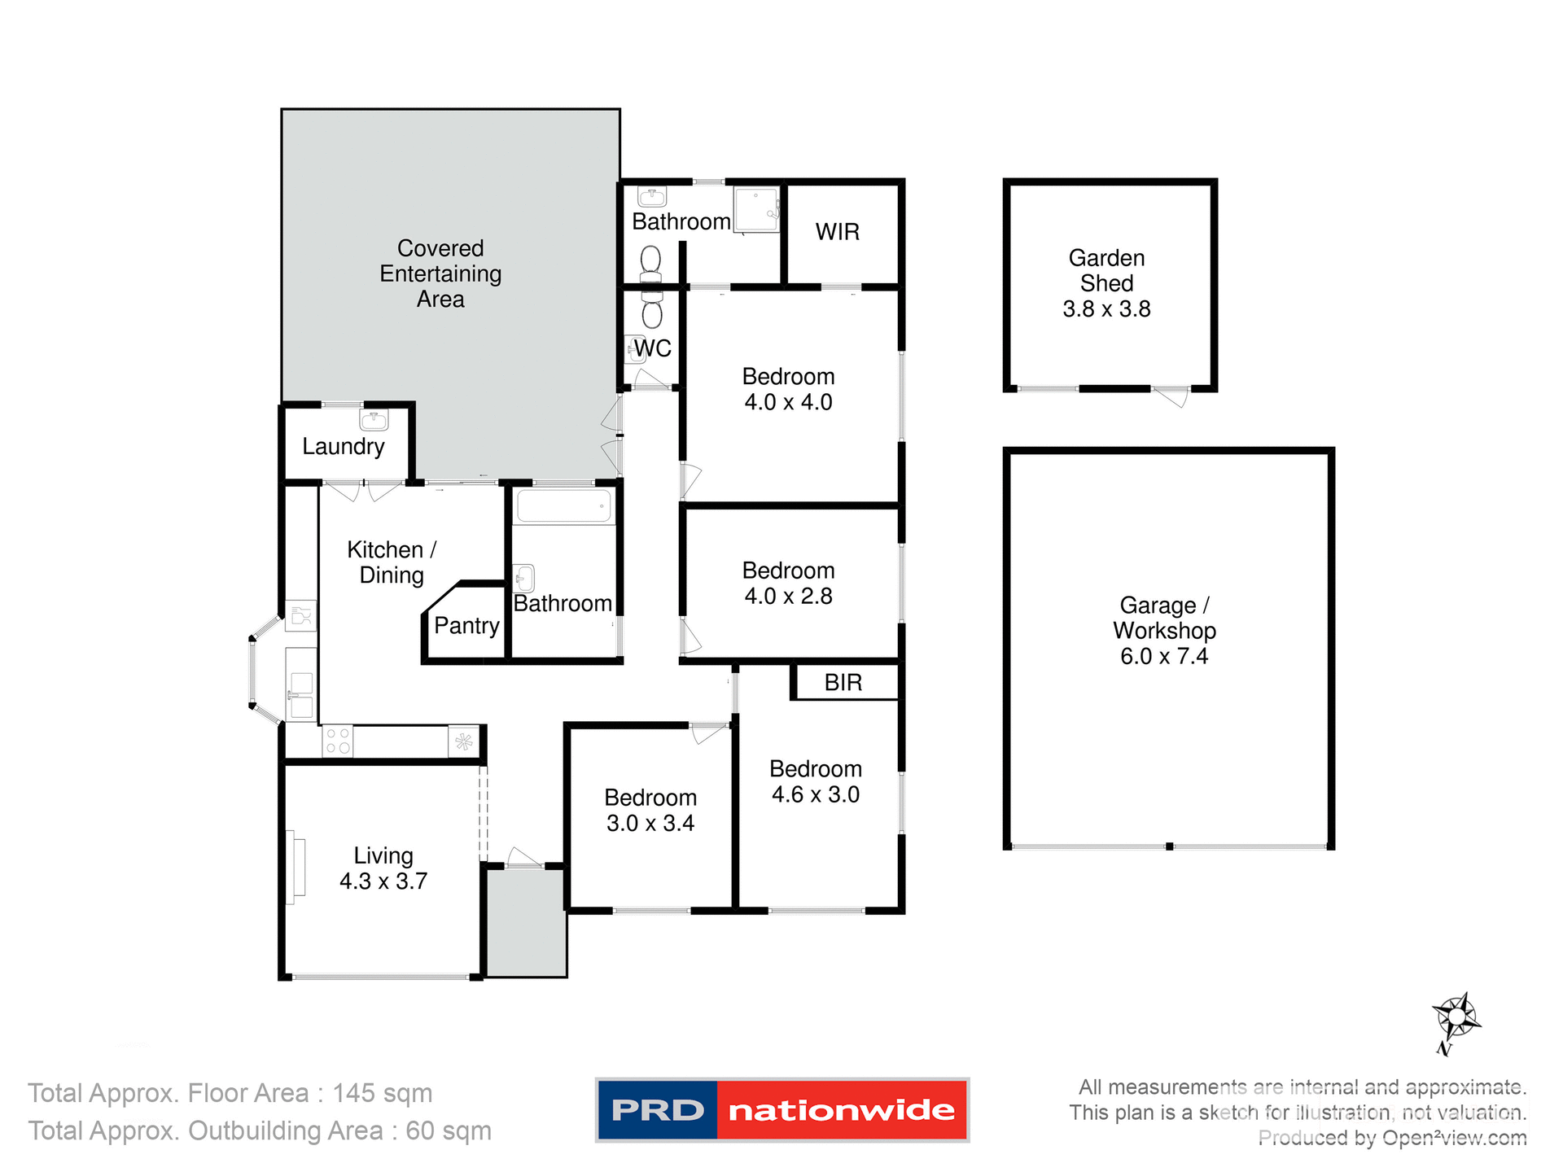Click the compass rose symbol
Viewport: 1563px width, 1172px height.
1456,1017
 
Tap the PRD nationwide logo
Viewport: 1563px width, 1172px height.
781,1109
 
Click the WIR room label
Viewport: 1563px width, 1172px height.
837,232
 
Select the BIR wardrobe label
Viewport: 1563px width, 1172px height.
843,682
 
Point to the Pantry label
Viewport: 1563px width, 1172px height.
466,625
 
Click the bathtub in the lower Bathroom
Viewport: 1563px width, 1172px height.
563,506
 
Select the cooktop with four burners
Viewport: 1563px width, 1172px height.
338,741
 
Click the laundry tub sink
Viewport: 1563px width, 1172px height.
374,420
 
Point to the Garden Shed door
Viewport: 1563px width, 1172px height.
1172,396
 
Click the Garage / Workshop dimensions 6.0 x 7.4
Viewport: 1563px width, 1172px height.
1163,656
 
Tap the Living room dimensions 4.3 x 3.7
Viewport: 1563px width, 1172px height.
383,881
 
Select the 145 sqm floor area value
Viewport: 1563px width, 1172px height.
382,1093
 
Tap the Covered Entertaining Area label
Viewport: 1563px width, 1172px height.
440,273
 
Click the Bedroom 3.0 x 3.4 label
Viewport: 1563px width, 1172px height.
650,810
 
